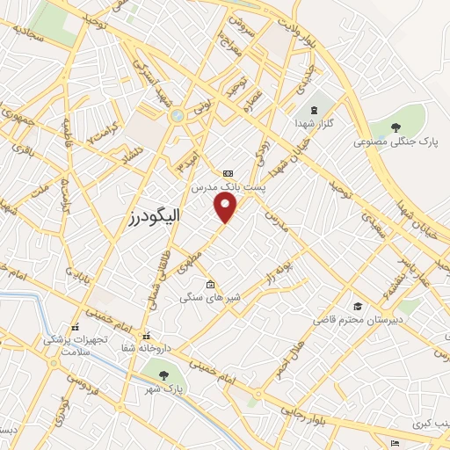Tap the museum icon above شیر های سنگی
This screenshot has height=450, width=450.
click(209, 284)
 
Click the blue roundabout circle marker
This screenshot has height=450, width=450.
click(177, 114)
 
